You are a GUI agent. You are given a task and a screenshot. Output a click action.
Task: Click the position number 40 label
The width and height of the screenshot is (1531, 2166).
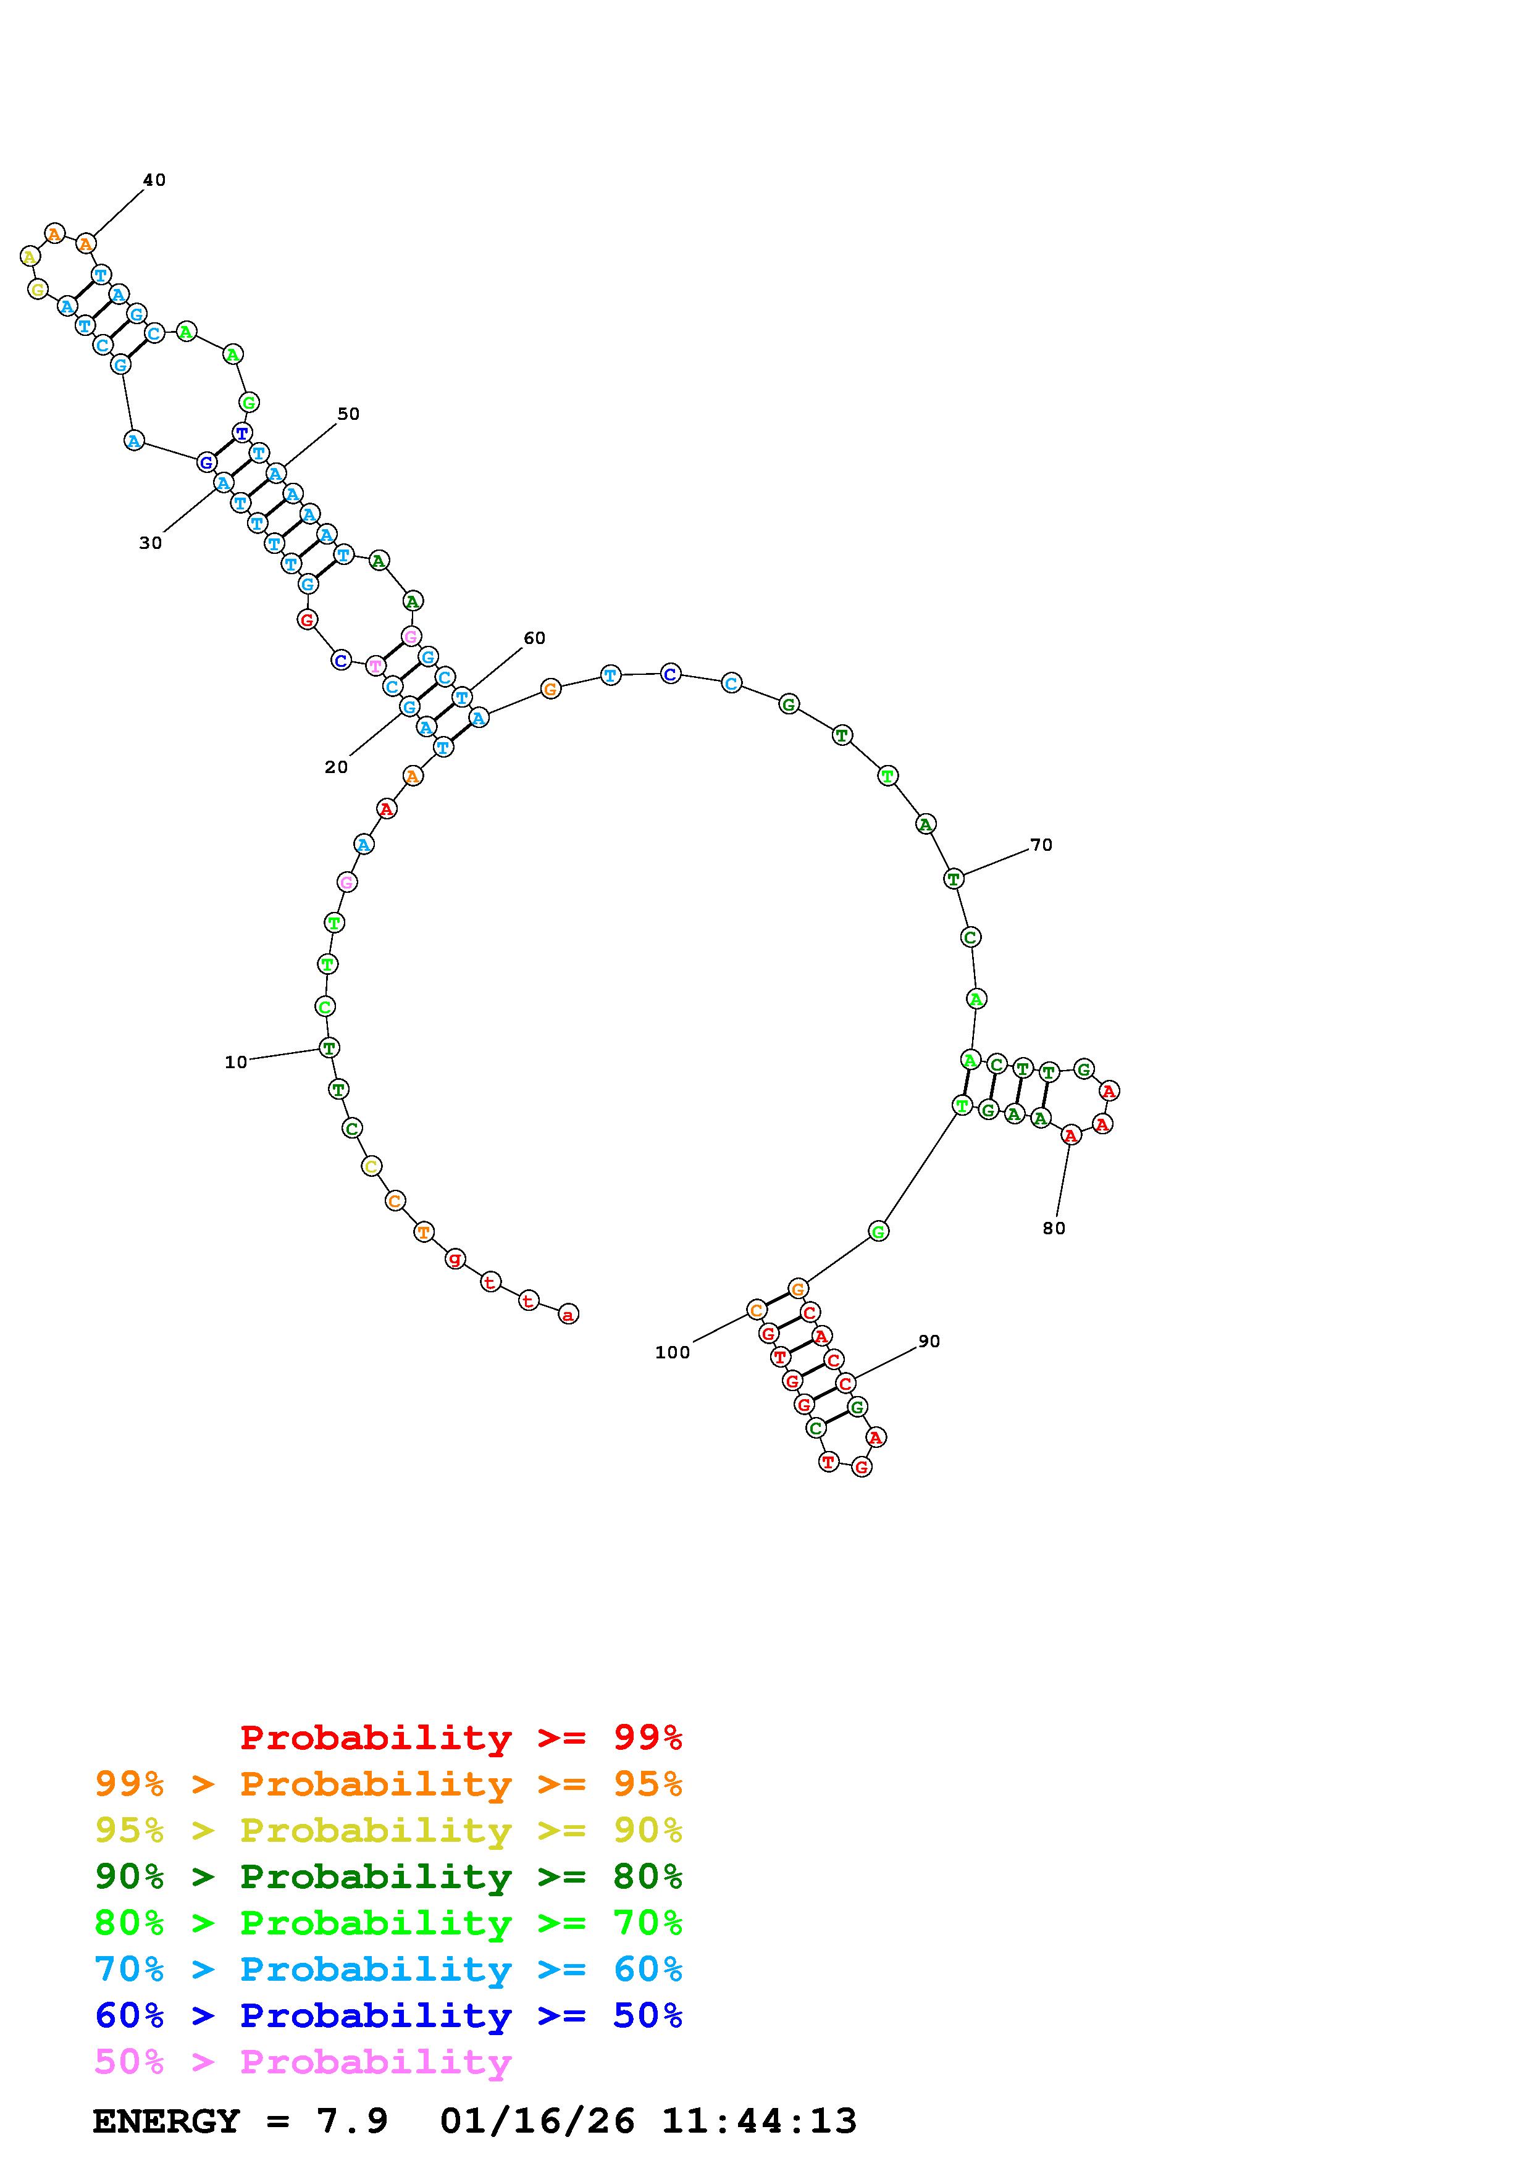(154, 180)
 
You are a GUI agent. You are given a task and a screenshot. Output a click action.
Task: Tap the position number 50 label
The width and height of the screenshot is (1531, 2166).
(348, 414)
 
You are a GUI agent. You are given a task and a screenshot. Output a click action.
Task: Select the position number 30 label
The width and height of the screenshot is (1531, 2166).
(150, 543)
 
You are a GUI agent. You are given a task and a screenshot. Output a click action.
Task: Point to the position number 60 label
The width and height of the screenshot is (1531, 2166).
(534, 638)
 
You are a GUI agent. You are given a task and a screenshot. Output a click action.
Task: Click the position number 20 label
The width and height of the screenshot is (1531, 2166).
(336, 768)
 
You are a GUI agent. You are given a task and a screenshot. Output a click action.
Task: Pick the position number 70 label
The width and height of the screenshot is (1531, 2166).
(1041, 845)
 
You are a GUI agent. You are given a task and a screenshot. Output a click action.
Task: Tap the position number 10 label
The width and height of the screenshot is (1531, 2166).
(236, 1062)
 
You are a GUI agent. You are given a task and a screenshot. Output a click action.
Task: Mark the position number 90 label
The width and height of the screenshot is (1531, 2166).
(929, 1342)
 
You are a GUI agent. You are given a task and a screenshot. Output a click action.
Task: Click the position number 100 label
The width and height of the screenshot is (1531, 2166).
(673, 1353)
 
